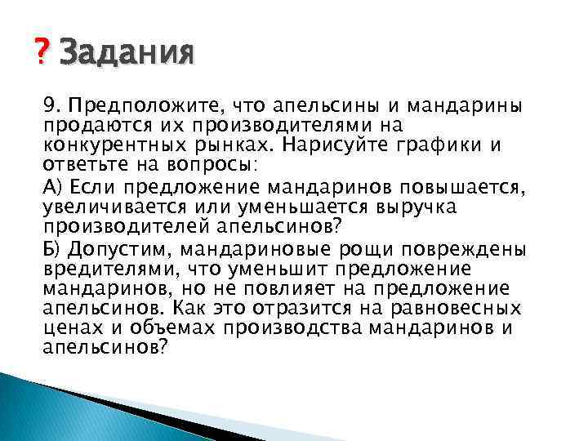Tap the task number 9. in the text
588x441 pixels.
pyautogui.click(x=52, y=105)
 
